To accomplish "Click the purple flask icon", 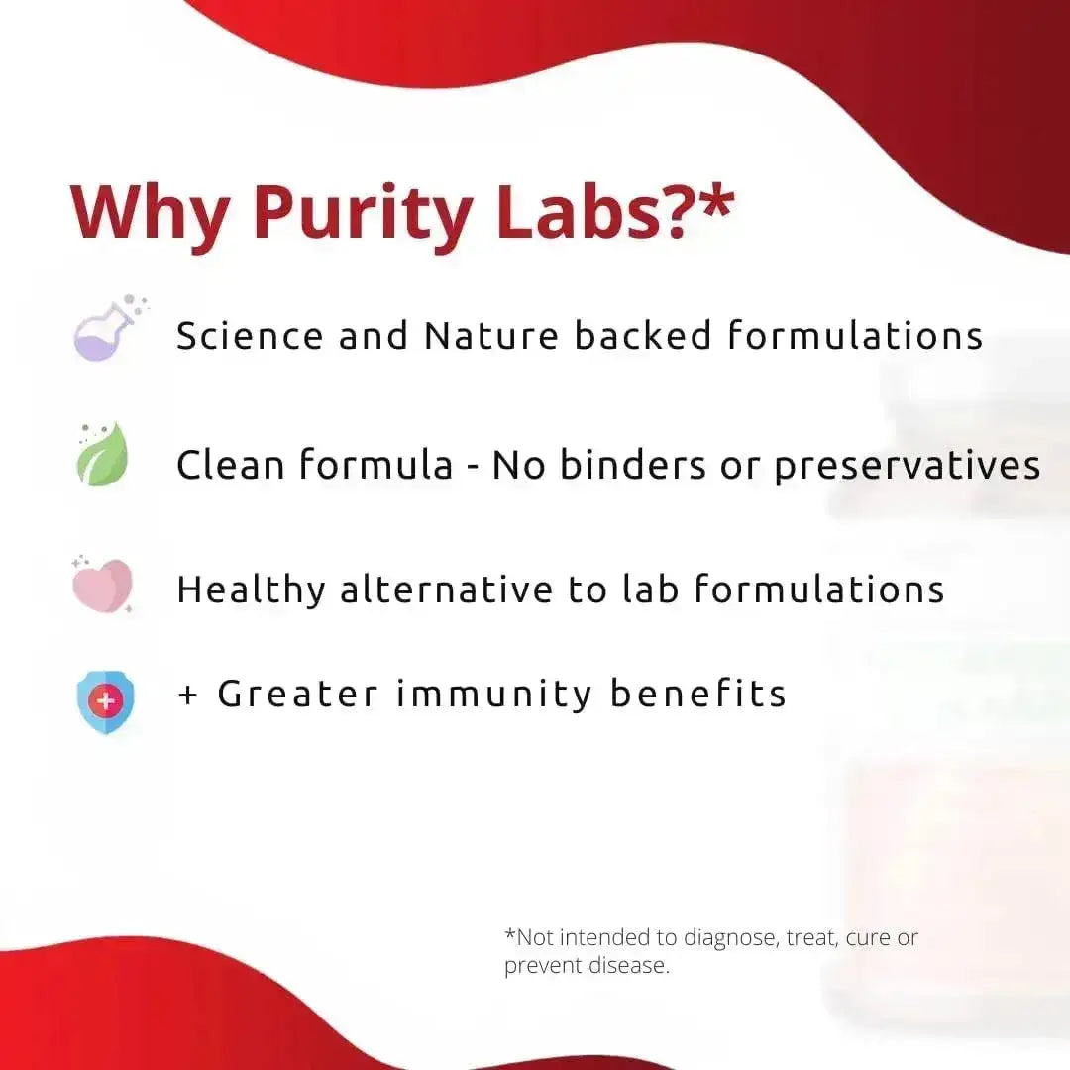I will tap(107, 331).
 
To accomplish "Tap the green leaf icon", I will tap(103, 456).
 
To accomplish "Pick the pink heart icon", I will tap(102, 585).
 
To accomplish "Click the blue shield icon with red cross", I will tap(106, 702).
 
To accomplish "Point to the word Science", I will tap(250, 336).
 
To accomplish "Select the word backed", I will tap(643, 336).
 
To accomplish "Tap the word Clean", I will tap(231, 465).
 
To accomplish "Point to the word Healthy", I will tap(251, 590).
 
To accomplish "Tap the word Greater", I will tap(298, 694).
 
